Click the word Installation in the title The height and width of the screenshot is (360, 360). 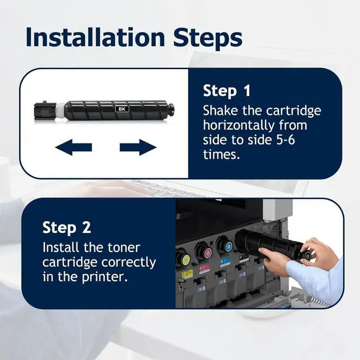[95, 37]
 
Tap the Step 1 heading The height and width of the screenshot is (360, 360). [227, 91]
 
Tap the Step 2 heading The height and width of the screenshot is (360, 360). [66, 227]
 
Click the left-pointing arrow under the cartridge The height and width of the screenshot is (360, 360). [74, 147]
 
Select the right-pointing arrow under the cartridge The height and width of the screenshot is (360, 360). [138, 147]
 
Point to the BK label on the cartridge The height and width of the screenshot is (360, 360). [122, 109]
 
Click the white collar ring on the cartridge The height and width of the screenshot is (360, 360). [60, 111]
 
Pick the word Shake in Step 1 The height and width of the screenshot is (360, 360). [220, 111]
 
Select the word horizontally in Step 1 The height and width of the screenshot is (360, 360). [238, 125]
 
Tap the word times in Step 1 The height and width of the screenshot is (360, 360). [221, 154]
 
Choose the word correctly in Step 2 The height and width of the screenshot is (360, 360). [129, 263]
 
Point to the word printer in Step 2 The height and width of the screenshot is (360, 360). [105, 277]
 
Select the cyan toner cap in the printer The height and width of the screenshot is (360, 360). [226, 246]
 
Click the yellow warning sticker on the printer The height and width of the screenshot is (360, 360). [187, 274]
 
